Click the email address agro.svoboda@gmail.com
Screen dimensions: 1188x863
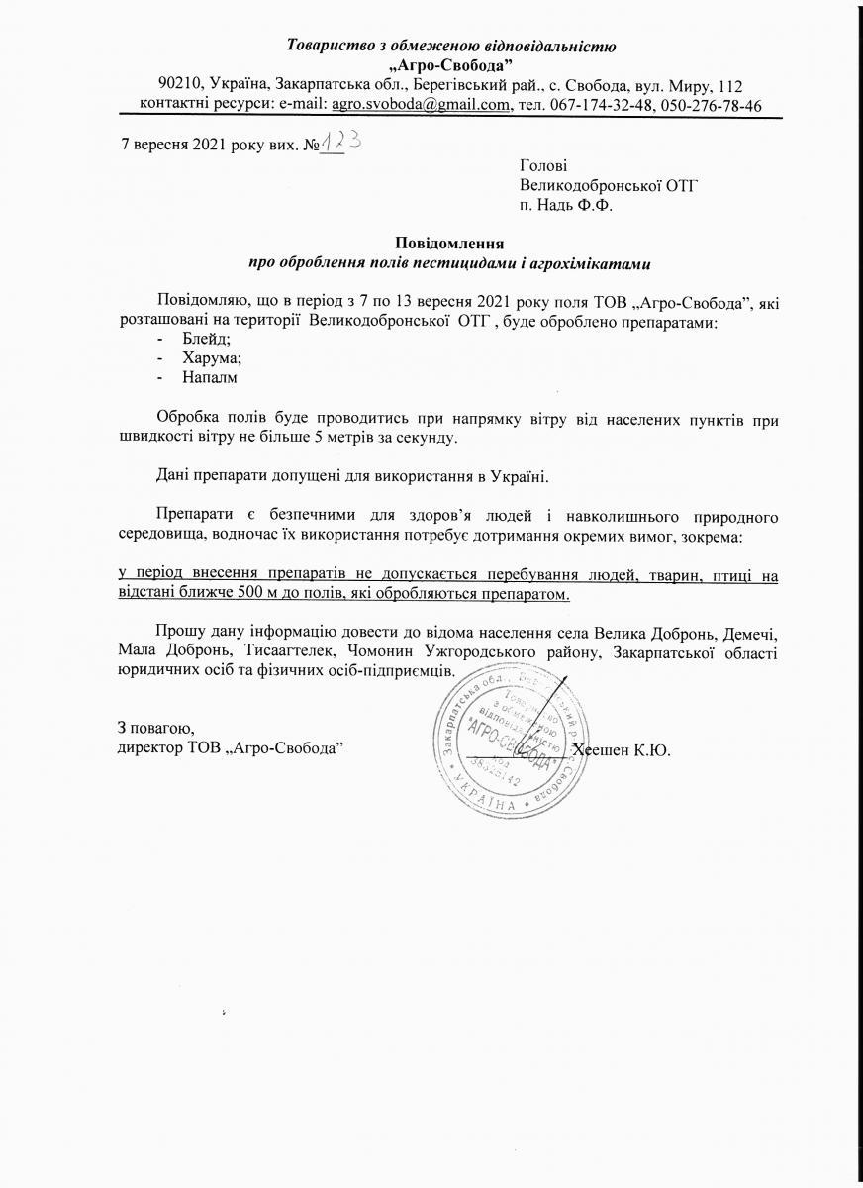point(420,105)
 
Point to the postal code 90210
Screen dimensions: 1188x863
point(179,86)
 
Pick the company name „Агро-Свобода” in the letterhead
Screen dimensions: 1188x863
point(450,64)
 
